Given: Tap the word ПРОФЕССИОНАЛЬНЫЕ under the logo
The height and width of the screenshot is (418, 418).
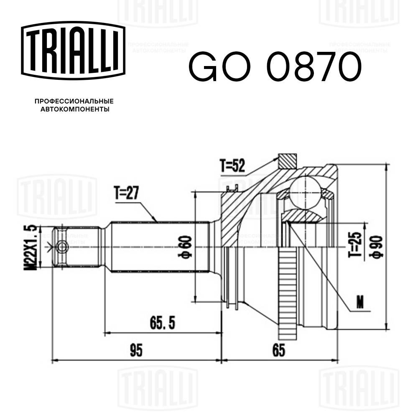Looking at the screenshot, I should [x=74, y=101].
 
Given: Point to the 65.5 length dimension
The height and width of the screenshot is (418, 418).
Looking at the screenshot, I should [x=161, y=323].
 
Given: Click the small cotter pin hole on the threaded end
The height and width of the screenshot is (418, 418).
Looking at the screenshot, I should [x=62, y=247].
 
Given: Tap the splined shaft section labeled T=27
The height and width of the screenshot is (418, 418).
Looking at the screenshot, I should [x=159, y=247].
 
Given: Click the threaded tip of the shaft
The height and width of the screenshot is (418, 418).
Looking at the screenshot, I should [x=75, y=247].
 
